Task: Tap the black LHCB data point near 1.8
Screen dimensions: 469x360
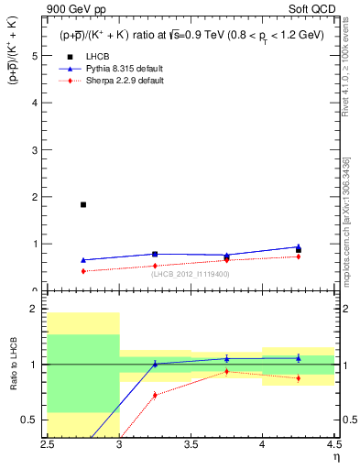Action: [83, 204]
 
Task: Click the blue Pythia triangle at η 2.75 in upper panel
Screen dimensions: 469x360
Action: [83, 260]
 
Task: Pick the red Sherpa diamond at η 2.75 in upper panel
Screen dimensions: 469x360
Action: [83, 271]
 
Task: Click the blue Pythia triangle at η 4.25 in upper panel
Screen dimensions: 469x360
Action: [299, 246]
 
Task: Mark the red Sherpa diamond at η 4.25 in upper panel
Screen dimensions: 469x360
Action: [299, 256]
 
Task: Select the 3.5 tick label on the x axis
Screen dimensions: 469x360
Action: [191, 444]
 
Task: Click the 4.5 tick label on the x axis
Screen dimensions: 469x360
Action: [333, 444]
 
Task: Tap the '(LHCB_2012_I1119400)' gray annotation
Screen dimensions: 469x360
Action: [191, 274]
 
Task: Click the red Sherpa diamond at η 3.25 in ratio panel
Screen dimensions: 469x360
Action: [155, 395]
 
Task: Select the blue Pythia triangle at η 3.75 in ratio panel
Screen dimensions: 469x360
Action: [227, 358]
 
